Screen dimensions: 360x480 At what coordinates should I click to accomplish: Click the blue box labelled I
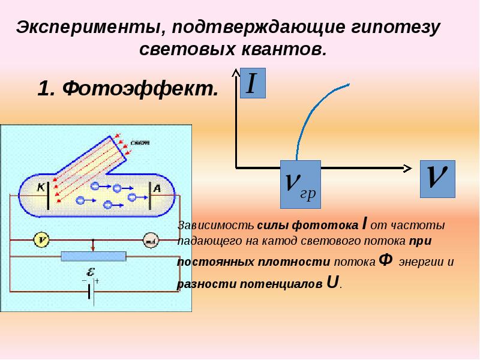click(x=253, y=83)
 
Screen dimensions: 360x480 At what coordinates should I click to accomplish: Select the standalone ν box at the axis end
click(x=437, y=178)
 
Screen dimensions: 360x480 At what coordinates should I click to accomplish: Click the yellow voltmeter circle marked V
click(x=41, y=240)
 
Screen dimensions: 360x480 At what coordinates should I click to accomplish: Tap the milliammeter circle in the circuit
click(x=149, y=240)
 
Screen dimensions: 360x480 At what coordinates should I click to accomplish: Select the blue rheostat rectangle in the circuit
click(x=94, y=257)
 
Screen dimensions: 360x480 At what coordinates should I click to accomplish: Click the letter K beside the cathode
click(x=41, y=187)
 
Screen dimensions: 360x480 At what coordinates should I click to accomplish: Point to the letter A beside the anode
click(x=157, y=187)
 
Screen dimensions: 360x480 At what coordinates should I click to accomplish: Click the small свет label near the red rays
click(x=142, y=143)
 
